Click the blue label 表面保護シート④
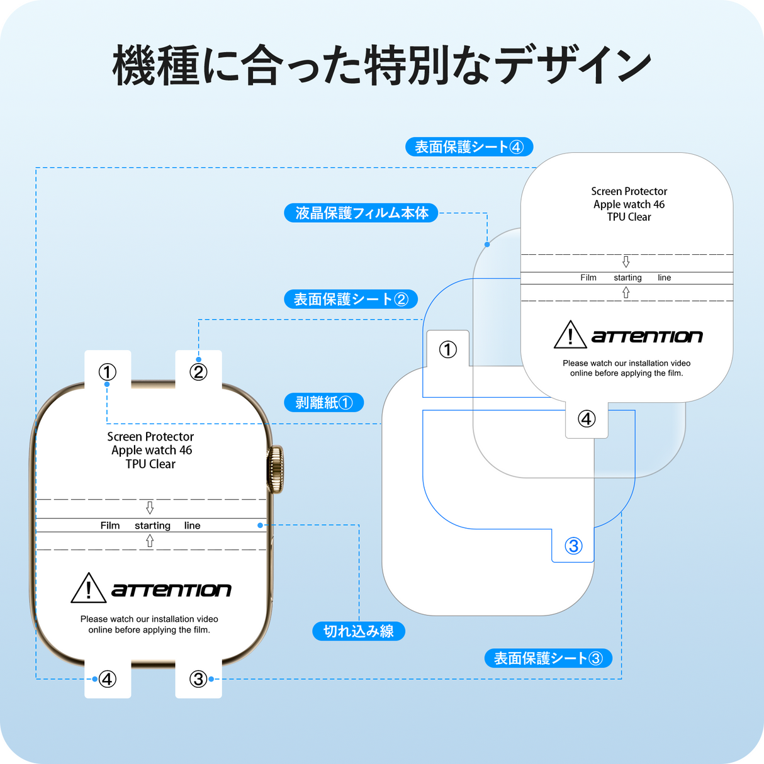469,147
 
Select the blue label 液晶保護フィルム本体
361,213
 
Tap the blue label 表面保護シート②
351,299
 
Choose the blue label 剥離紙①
324,402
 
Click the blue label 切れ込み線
358,631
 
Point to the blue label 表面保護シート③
548,658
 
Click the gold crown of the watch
276,469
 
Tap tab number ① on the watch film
108,372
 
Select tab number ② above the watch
198,372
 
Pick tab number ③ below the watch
198,679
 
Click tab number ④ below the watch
108,679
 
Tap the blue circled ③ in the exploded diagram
573,546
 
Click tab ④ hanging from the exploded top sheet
587,419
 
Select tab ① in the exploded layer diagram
447,349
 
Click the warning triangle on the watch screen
88,589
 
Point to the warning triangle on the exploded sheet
570,335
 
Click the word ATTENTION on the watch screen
171,590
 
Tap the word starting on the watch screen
152,525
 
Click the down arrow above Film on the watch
150,507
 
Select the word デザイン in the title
573,65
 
